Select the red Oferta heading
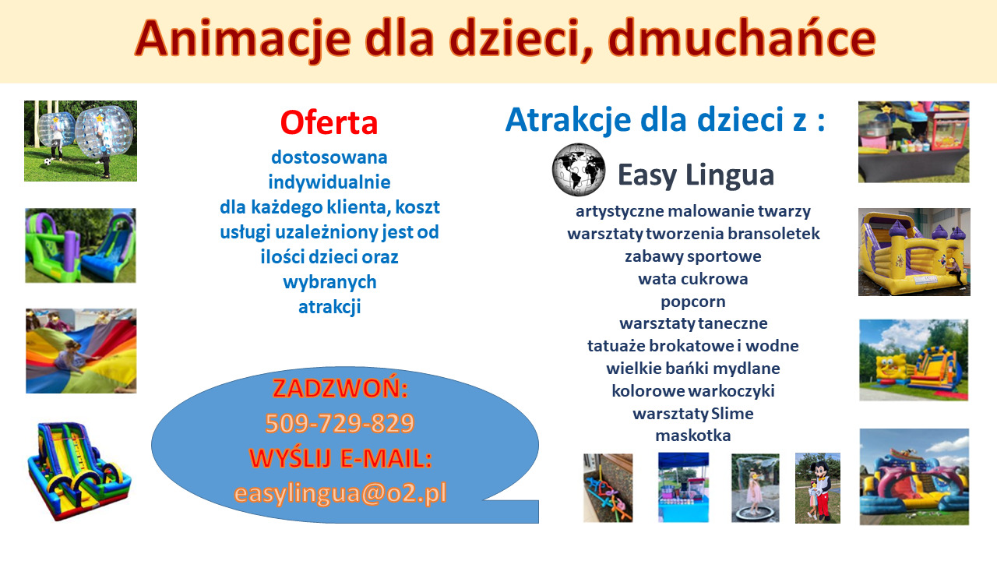(x=329, y=122)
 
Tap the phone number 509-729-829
(x=340, y=423)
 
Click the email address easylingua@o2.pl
(x=340, y=492)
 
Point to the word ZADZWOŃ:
(x=340, y=388)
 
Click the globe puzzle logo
(x=578, y=169)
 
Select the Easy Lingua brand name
(x=696, y=175)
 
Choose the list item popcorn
(x=692, y=301)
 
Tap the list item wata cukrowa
(x=692, y=278)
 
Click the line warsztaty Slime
(x=692, y=413)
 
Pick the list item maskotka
(x=692, y=436)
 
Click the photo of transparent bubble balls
(x=80, y=141)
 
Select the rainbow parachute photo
(x=81, y=351)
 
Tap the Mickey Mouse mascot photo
(x=817, y=488)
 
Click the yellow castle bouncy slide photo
(x=914, y=252)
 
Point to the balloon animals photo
(x=608, y=488)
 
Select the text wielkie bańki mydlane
(x=692, y=368)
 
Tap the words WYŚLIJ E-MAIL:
(x=340, y=458)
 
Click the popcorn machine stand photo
(x=914, y=142)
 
